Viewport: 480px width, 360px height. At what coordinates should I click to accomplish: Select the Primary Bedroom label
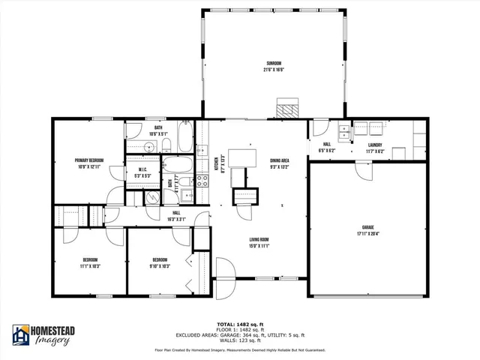[x=88, y=160]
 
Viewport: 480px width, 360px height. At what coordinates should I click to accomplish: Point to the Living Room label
[x=259, y=240]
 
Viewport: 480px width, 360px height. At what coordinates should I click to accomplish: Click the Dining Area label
[x=280, y=160]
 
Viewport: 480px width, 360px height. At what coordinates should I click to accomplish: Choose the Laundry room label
[x=375, y=145]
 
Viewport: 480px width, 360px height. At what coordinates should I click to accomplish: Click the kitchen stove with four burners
[x=202, y=179]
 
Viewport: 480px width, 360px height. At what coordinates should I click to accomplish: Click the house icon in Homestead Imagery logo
[x=20, y=336]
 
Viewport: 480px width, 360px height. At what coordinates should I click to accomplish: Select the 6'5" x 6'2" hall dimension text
[x=328, y=150]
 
